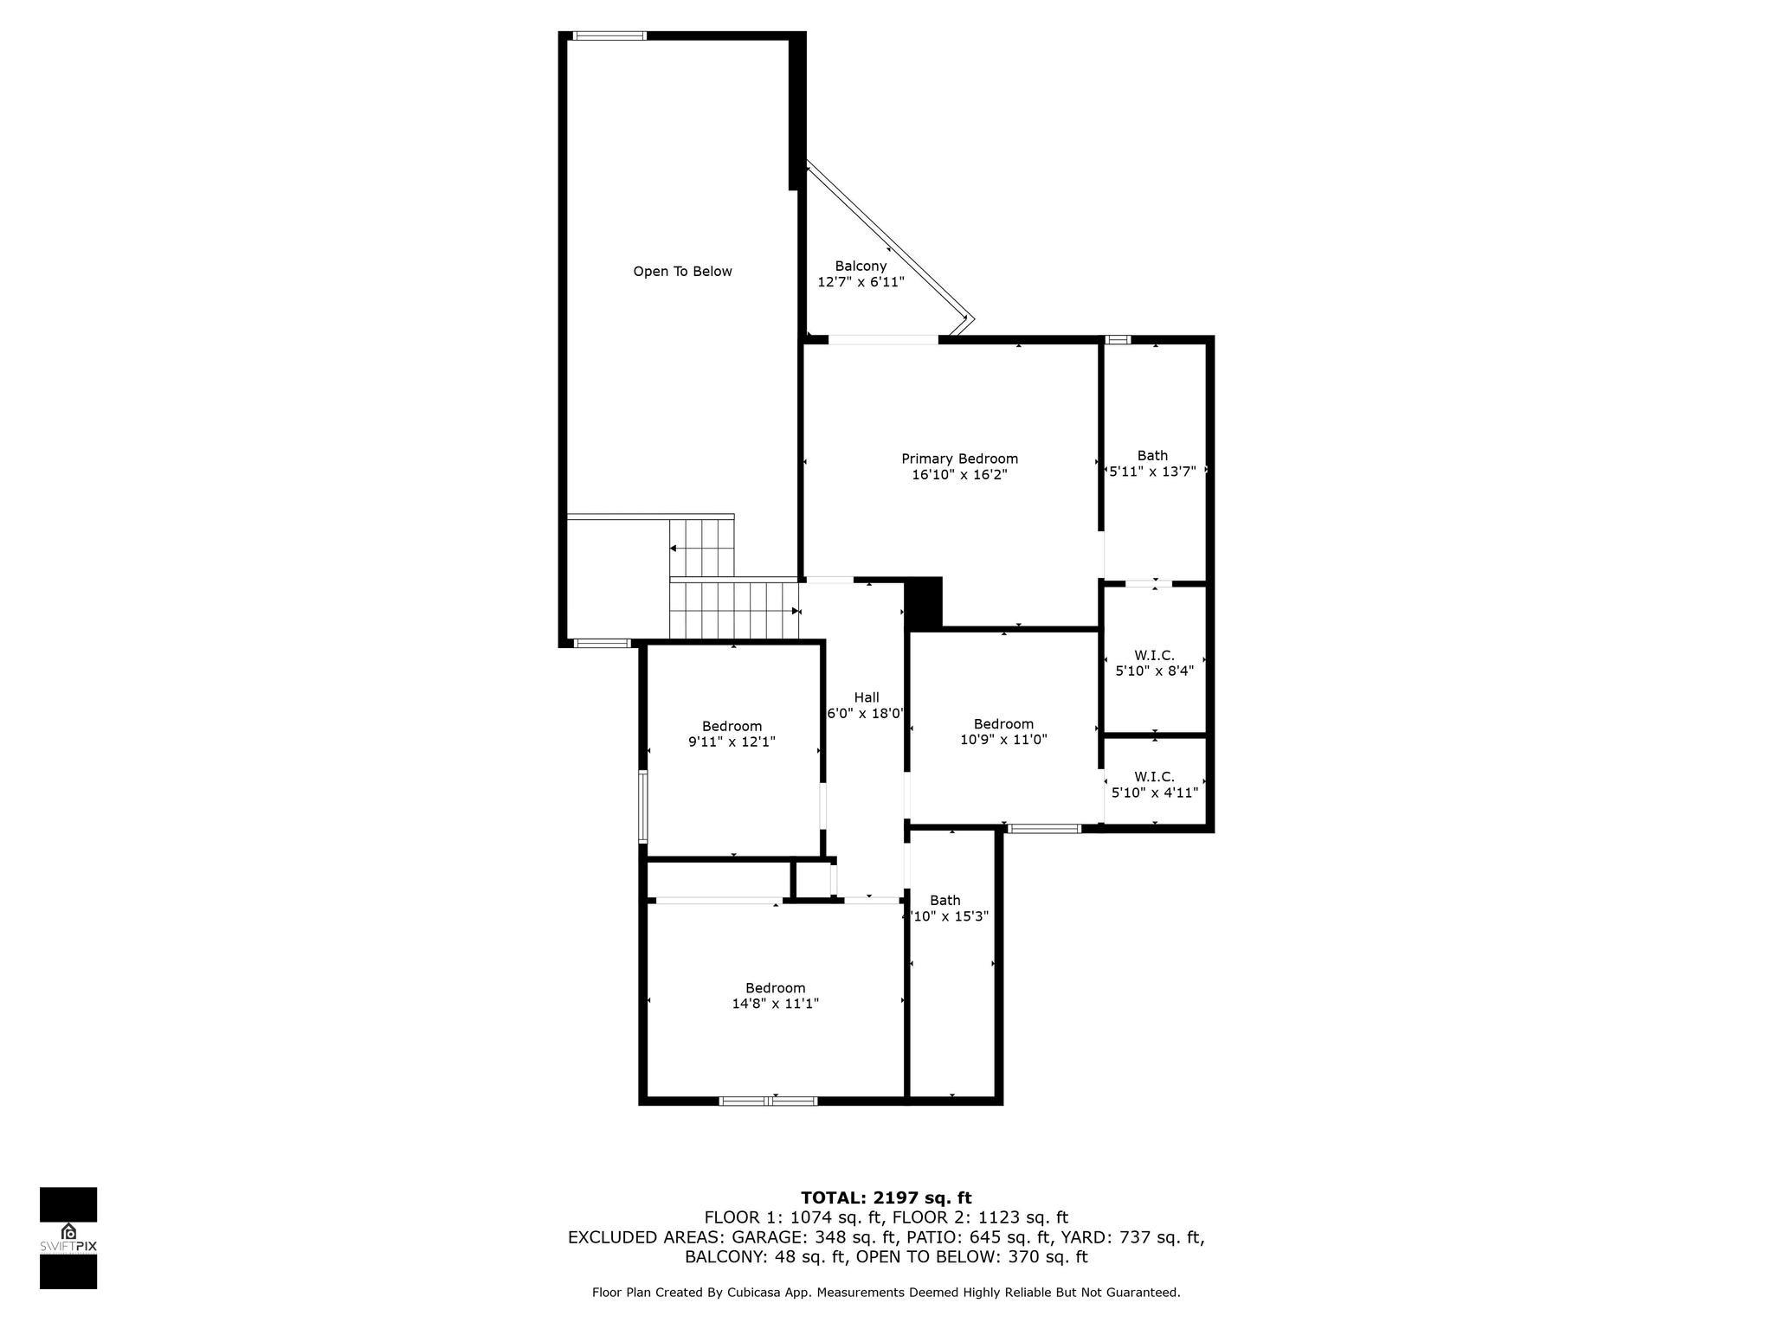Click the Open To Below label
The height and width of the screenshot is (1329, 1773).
pyautogui.click(x=682, y=272)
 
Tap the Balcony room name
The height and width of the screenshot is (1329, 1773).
pyautogui.click(x=861, y=266)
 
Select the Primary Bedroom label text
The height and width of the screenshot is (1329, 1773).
pyautogui.click(x=959, y=459)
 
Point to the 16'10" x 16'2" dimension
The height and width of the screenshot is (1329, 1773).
pyautogui.click(x=959, y=475)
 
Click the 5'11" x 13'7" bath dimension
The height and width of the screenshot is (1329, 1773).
pyautogui.click(x=1152, y=472)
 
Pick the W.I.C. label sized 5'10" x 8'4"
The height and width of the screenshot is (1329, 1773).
pyautogui.click(x=1154, y=655)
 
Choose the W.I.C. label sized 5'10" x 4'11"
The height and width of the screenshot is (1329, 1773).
pyautogui.click(x=1154, y=776)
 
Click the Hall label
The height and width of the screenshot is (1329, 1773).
pyautogui.click(x=867, y=697)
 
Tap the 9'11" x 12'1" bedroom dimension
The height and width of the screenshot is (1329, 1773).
pyautogui.click(x=732, y=742)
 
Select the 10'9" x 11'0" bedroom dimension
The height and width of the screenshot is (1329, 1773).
pyautogui.click(x=1003, y=740)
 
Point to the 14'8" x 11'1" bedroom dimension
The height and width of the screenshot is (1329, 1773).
pyautogui.click(x=775, y=1004)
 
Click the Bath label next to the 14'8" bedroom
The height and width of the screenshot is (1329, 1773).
pyautogui.click(x=945, y=901)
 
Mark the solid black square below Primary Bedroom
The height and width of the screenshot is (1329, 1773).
pyautogui.click(x=923, y=602)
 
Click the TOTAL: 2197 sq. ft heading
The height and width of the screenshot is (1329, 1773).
pyautogui.click(x=886, y=1198)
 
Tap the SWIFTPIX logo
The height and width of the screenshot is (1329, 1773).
pyautogui.click(x=68, y=1238)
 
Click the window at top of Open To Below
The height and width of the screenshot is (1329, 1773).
pyautogui.click(x=609, y=36)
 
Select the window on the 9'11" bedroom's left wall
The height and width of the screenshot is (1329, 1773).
pyautogui.click(x=643, y=806)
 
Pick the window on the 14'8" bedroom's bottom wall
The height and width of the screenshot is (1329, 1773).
pyautogui.click(x=769, y=1101)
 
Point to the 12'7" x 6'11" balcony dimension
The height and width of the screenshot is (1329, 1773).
pyautogui.click(x=861, y=282)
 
